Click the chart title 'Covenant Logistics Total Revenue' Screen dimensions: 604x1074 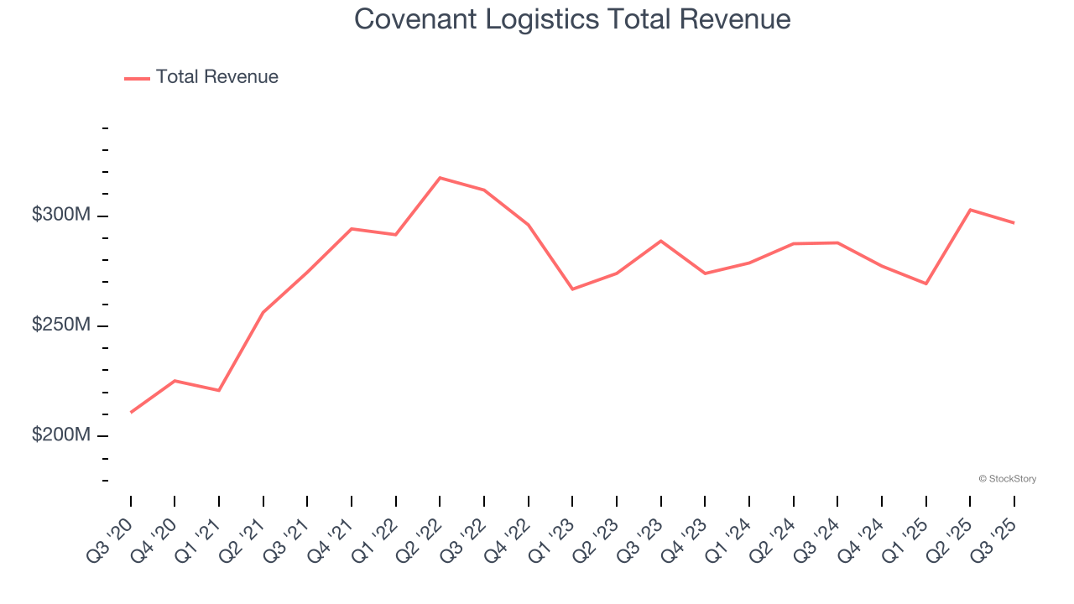[572, 18]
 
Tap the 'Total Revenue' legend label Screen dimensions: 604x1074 [216, 77]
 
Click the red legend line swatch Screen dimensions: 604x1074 [137, 78]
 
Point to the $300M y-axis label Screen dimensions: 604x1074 [61, 215]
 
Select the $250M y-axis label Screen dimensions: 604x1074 [61, 325]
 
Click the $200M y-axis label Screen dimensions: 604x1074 [61, 435]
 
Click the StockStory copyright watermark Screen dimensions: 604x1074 [1007, 479]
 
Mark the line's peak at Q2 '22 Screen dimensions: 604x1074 [441, 178]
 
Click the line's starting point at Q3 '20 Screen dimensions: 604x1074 [131, 412]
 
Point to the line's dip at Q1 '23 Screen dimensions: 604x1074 [572, 289]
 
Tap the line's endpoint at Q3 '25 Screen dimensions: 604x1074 [1014, 222]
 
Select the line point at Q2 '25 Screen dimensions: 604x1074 [970, 210]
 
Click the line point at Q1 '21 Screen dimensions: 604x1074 [219, 390]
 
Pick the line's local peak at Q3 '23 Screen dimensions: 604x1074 [661, 241]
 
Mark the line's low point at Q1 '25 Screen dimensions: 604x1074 [925, 284]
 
